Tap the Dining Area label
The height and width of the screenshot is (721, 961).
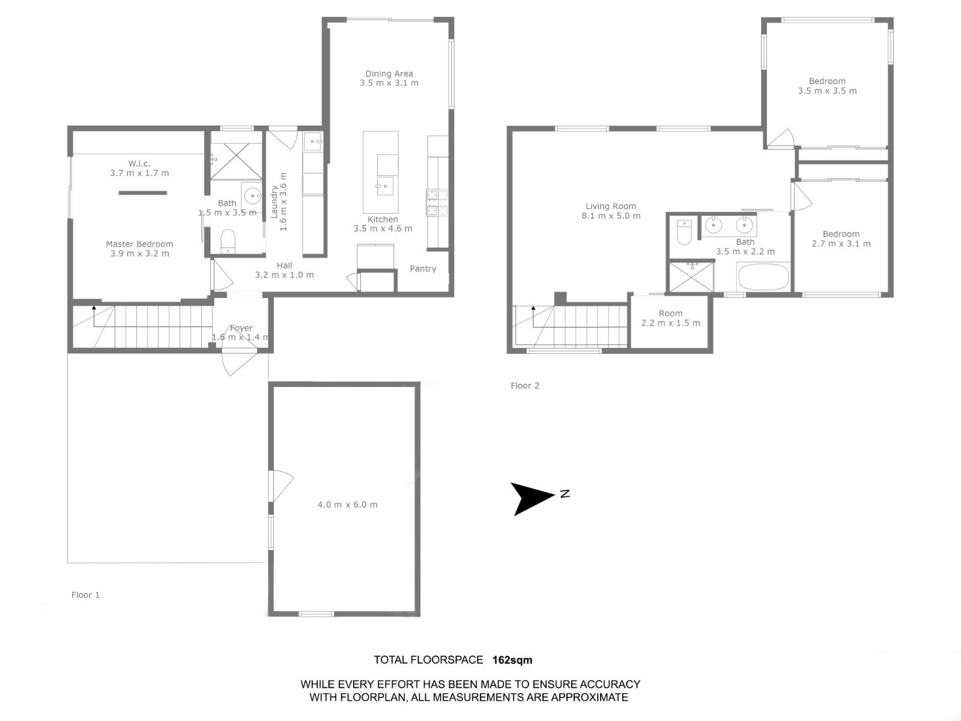(389, 73)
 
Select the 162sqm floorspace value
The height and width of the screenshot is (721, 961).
(512, 660)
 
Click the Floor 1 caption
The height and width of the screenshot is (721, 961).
(85, 595)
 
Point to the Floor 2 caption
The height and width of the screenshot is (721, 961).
(525, 386)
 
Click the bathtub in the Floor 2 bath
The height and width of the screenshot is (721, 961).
(763, 276)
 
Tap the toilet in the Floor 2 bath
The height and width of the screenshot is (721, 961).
(684, 231)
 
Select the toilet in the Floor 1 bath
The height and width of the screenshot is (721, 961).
(228, 241)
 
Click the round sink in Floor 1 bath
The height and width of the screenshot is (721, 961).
(253, 196)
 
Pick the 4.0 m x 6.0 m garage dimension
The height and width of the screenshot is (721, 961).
(347, 505)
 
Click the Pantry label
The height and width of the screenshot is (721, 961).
(423, 269)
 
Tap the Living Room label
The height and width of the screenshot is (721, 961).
(611, 206)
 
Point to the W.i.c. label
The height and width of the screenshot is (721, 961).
(139, 163)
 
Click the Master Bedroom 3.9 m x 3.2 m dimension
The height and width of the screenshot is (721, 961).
(140, 254)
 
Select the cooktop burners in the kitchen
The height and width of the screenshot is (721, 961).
(437, 202)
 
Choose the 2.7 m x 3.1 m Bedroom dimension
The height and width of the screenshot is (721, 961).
(841, 244)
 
